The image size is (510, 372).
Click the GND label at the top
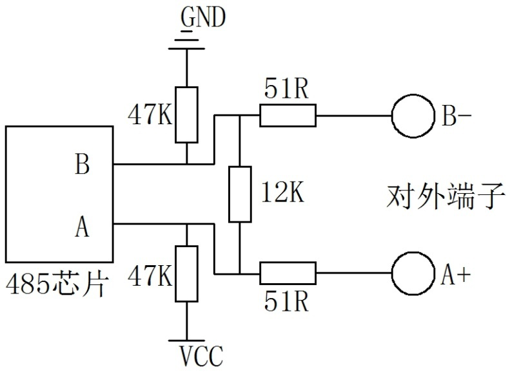[202, 17]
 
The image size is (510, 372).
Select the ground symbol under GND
[186, 42]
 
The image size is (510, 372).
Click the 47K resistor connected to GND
[186, 114]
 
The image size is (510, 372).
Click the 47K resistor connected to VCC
[186, 273]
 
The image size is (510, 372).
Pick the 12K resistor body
[239, 194]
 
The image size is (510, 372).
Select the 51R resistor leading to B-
[288, 116]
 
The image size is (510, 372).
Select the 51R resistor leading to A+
[288, 273]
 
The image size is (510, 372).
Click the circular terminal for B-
[413, 116]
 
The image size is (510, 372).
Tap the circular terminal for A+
[413, 273]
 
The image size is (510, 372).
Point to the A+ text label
[456, 275]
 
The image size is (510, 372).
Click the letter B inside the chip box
[82, 165]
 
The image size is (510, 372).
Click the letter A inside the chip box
[82, 227]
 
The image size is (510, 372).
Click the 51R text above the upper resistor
[287, 90]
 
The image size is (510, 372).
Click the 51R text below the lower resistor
[287, 301]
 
